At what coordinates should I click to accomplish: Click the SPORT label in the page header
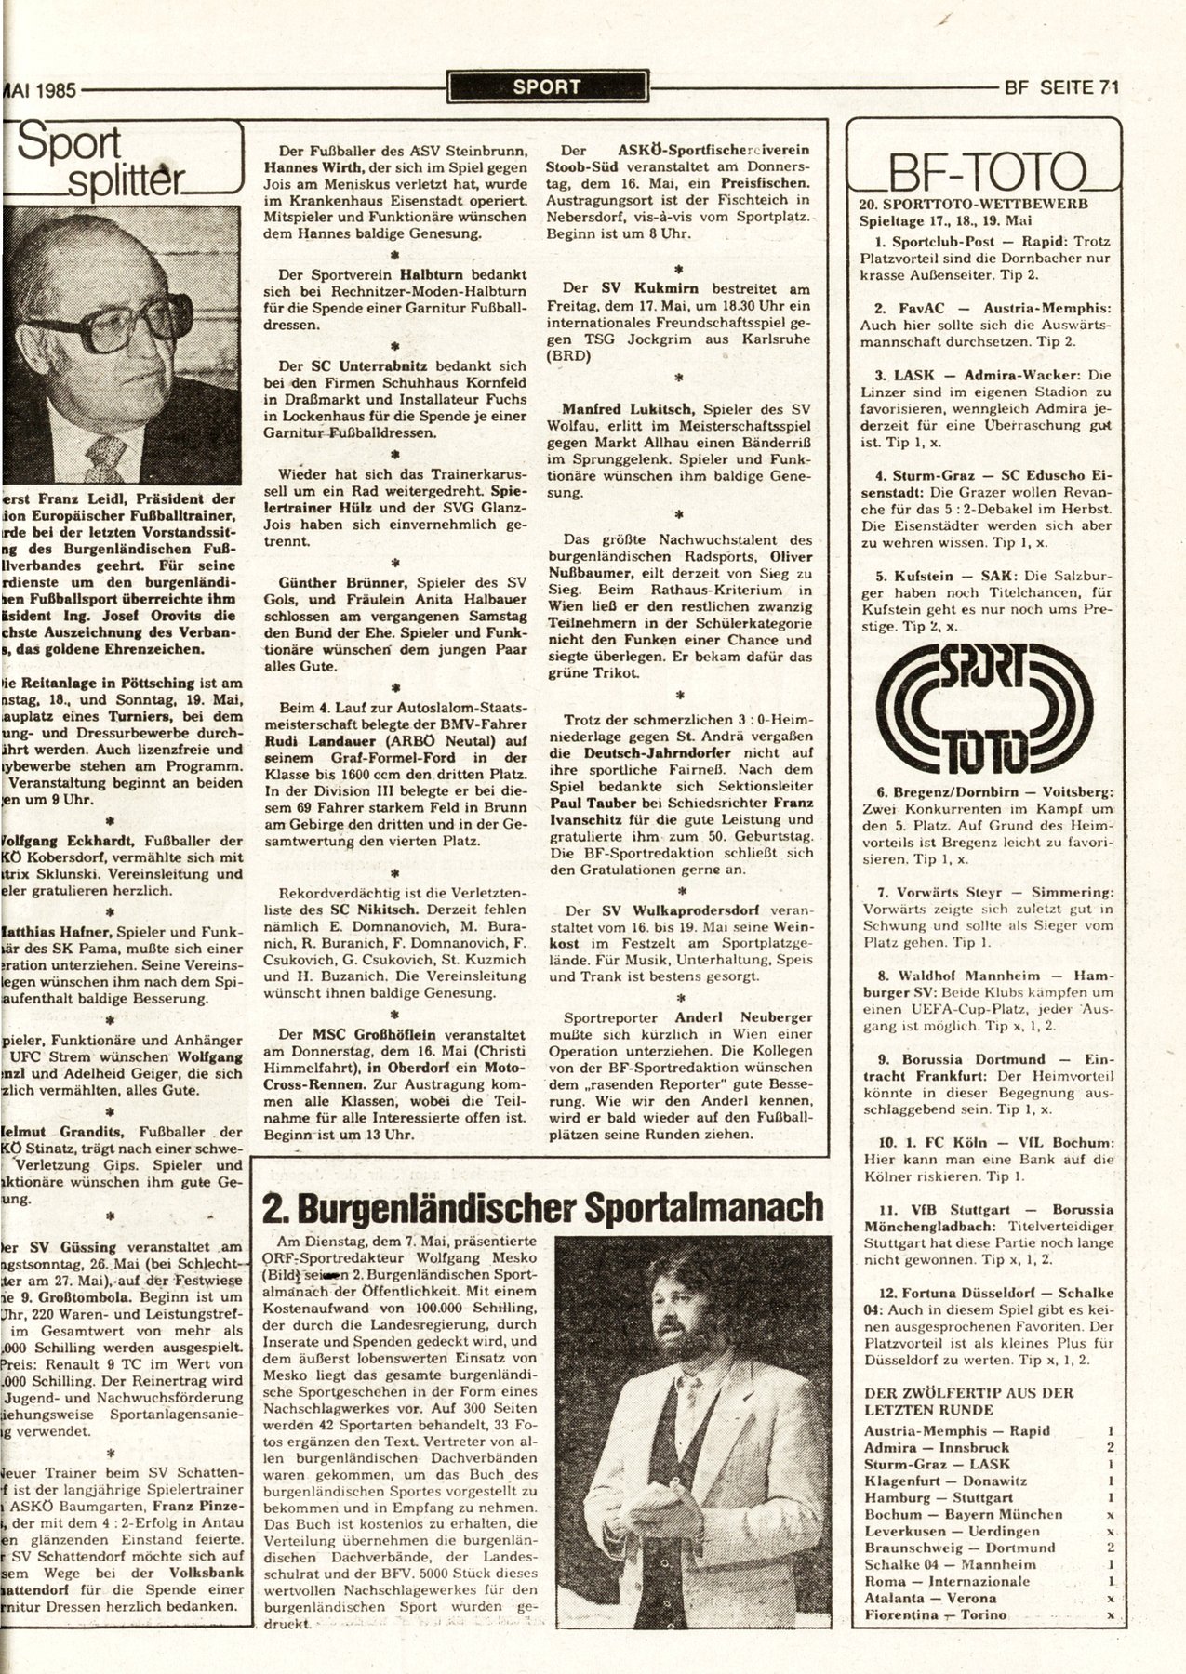point(546,87)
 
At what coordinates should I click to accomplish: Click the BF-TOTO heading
point(985,172)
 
